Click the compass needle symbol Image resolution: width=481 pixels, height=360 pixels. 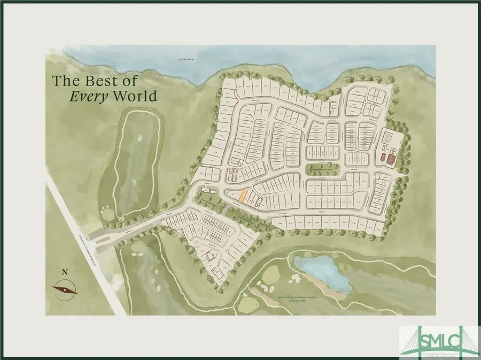point(65,289)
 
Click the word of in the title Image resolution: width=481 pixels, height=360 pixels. point(130,81)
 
